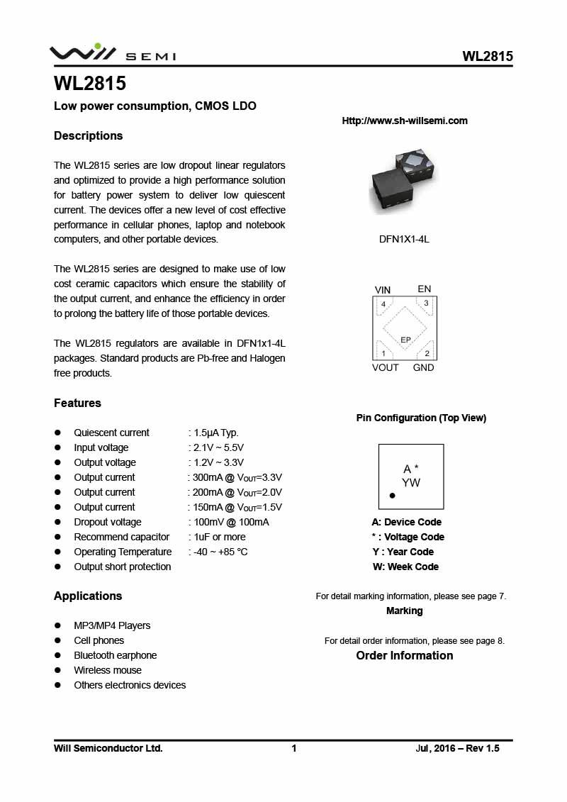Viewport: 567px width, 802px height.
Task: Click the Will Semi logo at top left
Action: tap(112, 54)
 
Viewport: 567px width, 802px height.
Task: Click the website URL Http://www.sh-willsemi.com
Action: tap(405, 121)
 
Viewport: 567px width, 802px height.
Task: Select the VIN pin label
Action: tap(383, 290)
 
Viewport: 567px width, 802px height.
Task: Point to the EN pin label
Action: tap(424, 289)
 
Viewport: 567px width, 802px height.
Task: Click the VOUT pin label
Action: tap(386, 367)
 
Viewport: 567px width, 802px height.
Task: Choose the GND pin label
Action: tap(424, 367)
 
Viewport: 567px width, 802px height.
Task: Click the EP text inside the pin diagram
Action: tap(406, 340)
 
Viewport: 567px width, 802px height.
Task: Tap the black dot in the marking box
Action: tap(392, 496)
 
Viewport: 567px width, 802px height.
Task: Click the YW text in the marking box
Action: tap(411, 483)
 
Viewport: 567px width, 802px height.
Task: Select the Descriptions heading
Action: tap(89, 135)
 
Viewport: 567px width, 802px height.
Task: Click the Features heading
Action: tap(77, 403)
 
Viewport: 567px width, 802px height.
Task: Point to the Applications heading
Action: tap(88, 596)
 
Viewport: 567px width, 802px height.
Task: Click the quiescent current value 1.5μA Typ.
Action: tap(215, 433)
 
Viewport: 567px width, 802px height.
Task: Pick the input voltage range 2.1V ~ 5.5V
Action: tap(218, 447)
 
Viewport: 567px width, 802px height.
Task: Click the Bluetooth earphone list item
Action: tap(116, 655)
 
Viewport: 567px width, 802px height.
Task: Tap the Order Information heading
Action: tap(405, 655)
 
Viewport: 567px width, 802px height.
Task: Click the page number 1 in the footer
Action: tap(294, 748)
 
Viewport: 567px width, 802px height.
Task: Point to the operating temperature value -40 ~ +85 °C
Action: tap(219, 552)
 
